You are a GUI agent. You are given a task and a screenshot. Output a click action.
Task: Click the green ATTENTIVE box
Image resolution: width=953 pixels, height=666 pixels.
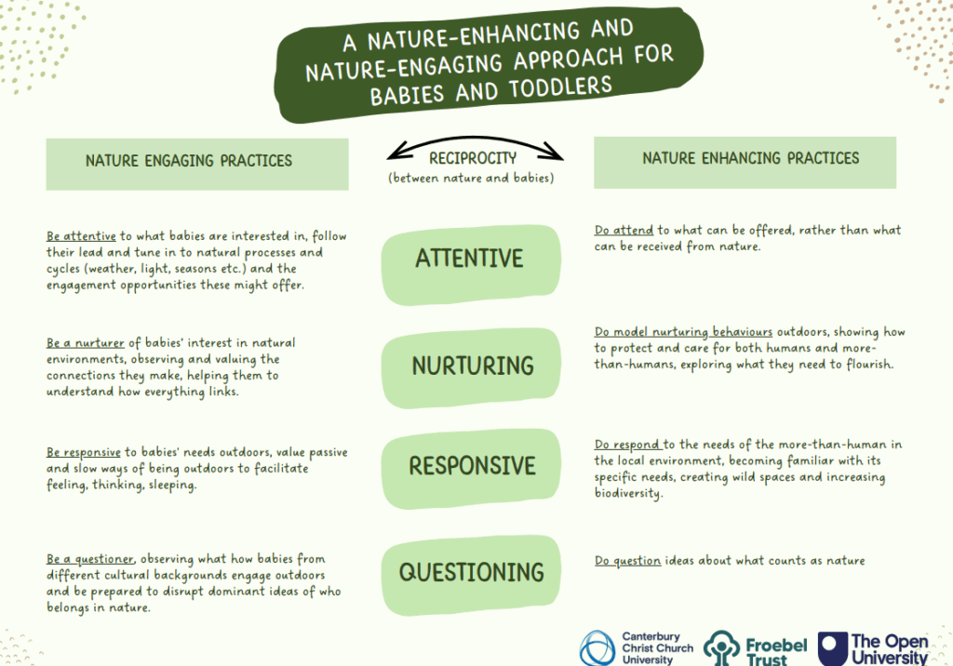coord(471,264)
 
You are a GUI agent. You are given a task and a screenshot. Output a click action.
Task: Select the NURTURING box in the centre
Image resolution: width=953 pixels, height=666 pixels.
coord(471,367)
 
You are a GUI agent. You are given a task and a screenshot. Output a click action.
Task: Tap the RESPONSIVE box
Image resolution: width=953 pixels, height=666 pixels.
coord(471,469)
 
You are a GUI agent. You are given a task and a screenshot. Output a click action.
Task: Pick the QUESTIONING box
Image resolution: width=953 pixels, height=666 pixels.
coord(471,575)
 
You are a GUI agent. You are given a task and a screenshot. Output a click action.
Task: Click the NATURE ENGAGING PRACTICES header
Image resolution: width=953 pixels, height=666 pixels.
coord(197,164)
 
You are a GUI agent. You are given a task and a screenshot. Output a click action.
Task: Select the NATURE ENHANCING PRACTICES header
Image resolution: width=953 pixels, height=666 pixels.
coord(745,162)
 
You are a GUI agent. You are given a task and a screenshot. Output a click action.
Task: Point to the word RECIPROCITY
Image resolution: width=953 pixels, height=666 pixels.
coord(473,159)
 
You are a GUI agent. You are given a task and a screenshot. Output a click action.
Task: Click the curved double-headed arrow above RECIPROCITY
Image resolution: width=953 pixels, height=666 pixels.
coord(475,139)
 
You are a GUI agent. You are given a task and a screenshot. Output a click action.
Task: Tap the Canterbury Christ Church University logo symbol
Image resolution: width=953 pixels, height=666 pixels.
coord(597,648)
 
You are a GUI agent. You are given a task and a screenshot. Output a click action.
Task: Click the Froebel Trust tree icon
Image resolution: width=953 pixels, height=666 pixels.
coord(721,648)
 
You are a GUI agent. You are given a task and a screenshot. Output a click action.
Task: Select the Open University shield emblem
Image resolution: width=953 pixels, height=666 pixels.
coord(833,648)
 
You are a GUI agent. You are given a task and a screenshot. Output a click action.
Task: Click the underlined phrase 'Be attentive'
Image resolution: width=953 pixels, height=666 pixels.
coord(81,235)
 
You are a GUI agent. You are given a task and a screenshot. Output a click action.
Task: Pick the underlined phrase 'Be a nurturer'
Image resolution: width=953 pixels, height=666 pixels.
coord(85,342)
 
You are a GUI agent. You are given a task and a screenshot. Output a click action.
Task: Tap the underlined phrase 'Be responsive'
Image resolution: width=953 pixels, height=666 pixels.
coord(83,452)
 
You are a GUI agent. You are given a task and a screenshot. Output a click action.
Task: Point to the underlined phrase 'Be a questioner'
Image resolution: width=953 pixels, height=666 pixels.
coord(90,559)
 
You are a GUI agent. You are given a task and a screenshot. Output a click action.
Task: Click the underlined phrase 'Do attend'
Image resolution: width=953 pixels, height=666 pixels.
coord(624,231)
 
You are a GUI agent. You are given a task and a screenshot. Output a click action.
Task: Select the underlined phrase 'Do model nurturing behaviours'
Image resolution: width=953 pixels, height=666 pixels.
coord(683,332)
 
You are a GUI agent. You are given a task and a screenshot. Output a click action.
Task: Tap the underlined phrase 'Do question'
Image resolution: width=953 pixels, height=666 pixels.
coord(627,560)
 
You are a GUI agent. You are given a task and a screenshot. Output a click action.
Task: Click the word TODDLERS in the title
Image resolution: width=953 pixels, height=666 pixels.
coord(559,88)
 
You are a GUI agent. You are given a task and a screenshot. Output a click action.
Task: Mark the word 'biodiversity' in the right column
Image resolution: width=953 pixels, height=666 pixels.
coord(628,493)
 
